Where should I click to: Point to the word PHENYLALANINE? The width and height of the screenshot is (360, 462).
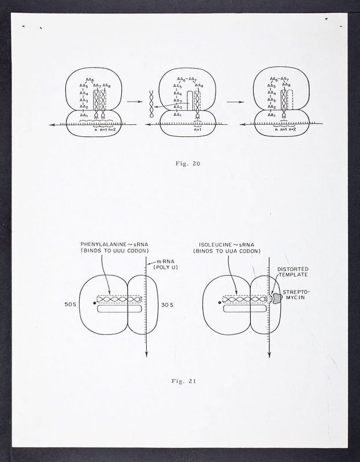point(105,244)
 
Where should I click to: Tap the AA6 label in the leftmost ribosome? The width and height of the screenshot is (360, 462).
point(90,78)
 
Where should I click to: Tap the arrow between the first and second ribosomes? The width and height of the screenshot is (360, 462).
point(134,102)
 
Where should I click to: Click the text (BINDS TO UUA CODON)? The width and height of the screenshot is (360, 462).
point(228,251)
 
